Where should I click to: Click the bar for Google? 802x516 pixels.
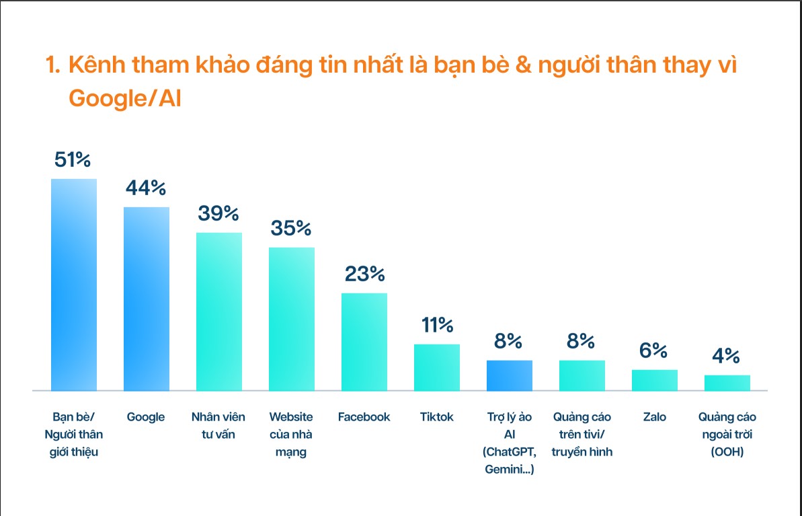147,299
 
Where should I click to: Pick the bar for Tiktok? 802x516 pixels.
437,367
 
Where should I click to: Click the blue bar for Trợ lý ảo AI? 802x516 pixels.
510,375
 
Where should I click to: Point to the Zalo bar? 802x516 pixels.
655,380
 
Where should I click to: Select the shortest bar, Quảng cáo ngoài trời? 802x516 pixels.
727,383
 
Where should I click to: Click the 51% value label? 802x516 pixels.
73,160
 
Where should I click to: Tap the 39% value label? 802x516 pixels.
218,213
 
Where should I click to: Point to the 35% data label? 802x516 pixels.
291,228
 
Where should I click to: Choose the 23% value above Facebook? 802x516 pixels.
364,274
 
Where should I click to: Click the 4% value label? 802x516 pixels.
727,356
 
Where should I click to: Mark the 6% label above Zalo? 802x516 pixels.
653,351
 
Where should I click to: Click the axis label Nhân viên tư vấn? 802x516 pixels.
218,425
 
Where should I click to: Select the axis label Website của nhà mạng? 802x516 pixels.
291,434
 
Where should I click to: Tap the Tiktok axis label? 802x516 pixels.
437,417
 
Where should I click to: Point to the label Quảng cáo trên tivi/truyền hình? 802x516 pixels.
582,434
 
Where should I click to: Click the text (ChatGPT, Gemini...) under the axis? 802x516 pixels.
509,461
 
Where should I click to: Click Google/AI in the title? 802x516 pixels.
125,98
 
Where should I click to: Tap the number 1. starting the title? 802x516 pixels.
53,66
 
